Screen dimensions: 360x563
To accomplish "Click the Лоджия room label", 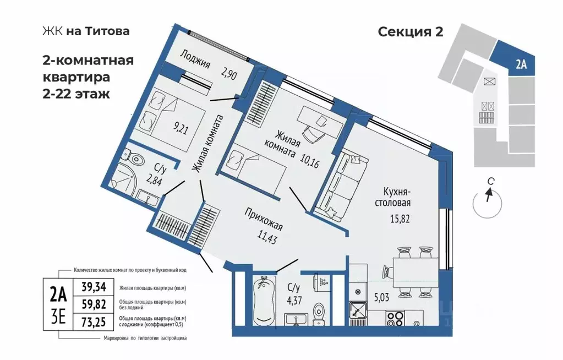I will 195,63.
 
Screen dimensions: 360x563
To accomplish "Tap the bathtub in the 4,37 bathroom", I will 264,302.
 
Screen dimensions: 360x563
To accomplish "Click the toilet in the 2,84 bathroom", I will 136,159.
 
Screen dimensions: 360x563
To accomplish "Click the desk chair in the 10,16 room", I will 311,133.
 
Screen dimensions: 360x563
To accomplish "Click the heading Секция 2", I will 410,31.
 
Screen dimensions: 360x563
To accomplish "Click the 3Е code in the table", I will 58,319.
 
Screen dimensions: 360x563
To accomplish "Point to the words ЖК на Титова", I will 85,31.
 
